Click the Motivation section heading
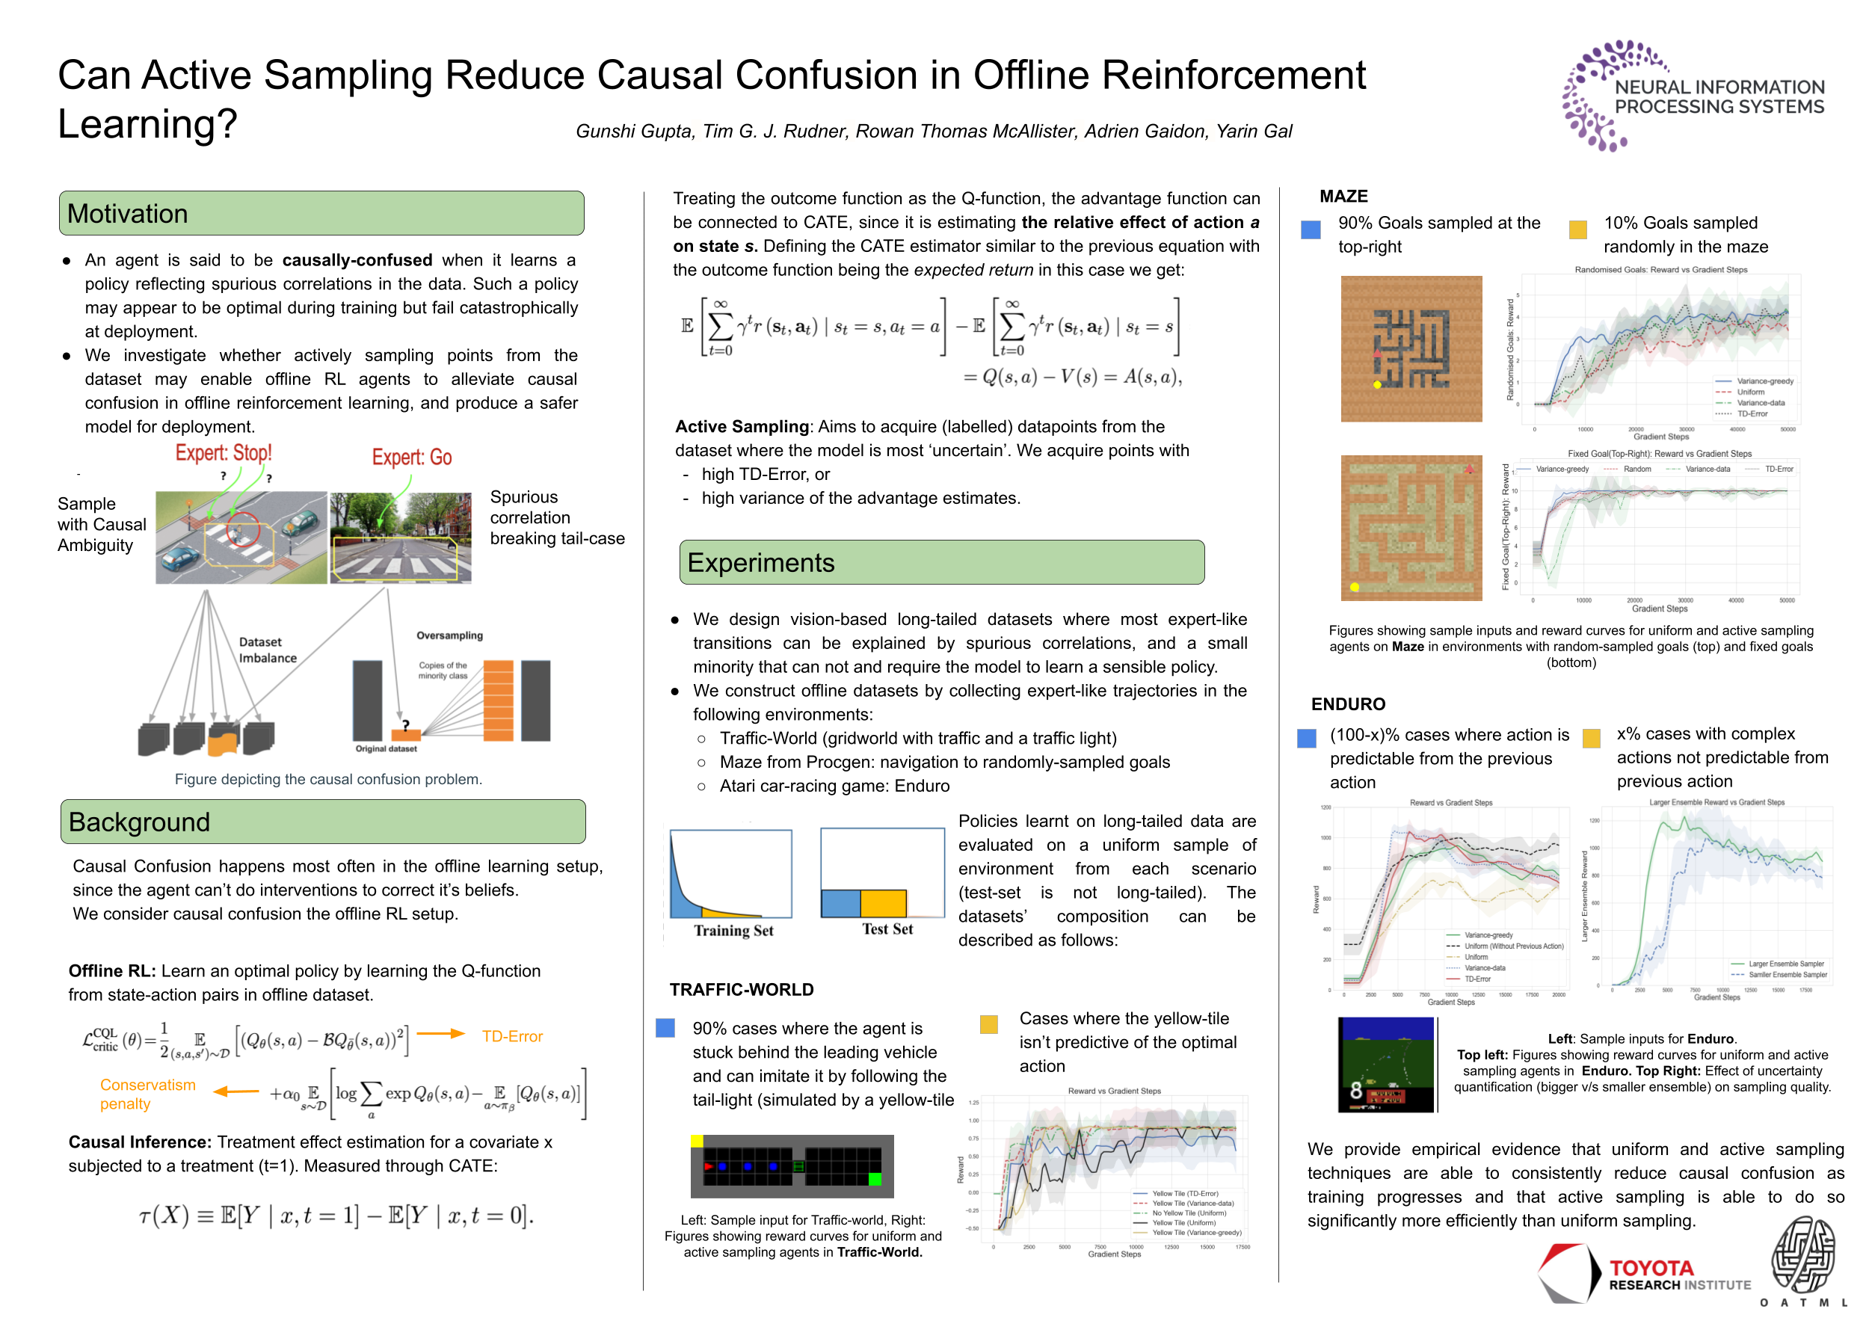coord(128,214)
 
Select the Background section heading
coord(139,822)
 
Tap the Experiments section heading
coord(760,562)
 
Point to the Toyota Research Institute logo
coord(1644,1274)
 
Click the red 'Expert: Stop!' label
coord(223,452)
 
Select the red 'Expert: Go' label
coord(411,458)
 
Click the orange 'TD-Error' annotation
coord(511,1036)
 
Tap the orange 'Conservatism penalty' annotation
coord(147,1094)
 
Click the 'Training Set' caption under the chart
coord(733,930)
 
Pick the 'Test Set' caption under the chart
coord(887,929)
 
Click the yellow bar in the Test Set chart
coord(882,903)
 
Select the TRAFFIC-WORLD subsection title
coord(741,990)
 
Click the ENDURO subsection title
coord(1347,704)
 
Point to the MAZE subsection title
coord(1343,196)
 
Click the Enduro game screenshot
coord(1385,1064)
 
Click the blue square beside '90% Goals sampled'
coord(1311,230)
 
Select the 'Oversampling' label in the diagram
coord(449,635)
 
